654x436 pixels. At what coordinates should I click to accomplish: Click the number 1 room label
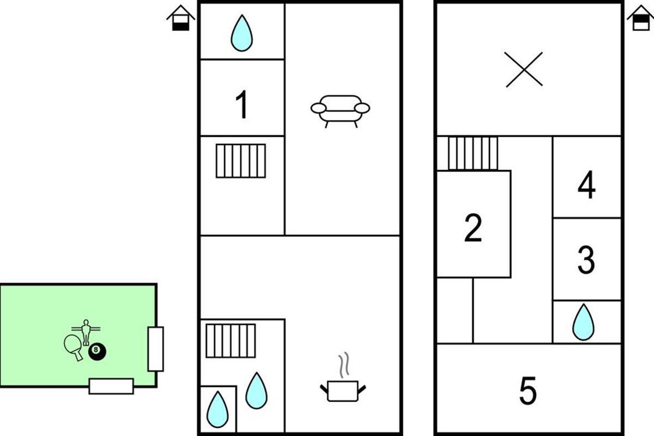pos(241,105)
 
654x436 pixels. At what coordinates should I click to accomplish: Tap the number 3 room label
pos(586,260)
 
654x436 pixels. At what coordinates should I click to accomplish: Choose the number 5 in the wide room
pos(528,391)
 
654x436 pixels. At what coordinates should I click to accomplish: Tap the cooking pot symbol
pos(342,390)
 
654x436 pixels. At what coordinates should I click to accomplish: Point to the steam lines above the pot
pos(343,366)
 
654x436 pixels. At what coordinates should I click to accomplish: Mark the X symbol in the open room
pos(524,69)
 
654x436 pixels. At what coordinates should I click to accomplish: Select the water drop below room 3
pos(583,322)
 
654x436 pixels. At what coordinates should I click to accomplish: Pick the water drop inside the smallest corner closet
pos(218,409)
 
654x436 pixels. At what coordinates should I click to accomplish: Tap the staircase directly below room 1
pos(241,161)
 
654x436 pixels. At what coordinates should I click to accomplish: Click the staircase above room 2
pos(473,153)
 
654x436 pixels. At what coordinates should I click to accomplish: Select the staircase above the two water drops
pos(231,341)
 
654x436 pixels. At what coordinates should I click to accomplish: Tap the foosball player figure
pos(86,331)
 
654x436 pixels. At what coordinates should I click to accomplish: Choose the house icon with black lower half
pos(180,18)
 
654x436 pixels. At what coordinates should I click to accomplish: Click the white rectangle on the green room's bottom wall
pos(111,386)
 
